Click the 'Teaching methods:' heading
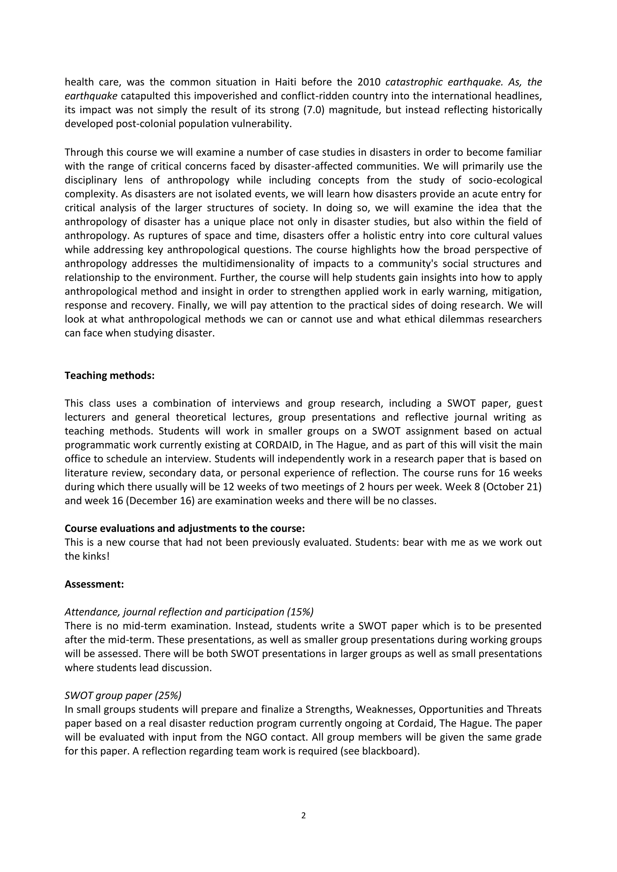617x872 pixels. point(109,376)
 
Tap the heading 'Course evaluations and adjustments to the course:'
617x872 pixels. point(185,529)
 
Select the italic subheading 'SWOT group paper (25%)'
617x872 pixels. point(123,695)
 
